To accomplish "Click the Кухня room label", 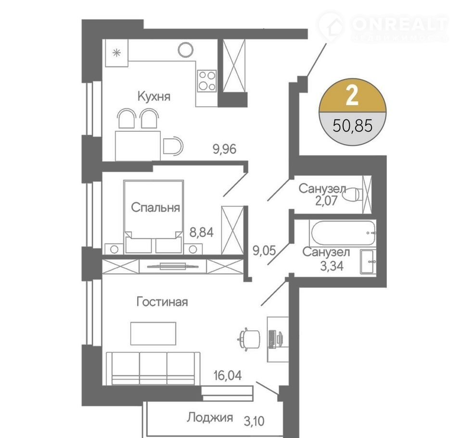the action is tap(154, 96).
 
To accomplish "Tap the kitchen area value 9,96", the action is tap(225, 149).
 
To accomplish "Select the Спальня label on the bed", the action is tap(155, 207).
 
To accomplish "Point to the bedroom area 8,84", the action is tap(202, 232).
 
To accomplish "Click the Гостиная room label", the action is tap(162, 302).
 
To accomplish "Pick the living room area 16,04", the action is tap(228, 375).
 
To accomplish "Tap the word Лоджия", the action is tap(210, 417).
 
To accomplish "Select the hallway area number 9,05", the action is tap(264, 251).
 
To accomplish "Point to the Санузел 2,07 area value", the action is tap(326, 201).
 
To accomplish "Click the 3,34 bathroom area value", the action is tap(332, 266).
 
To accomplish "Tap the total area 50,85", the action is tap(353, 126).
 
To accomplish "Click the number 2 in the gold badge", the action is tap(352, 96).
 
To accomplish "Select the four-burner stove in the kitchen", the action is tap(207, 81).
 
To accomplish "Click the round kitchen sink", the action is tap(186, 50).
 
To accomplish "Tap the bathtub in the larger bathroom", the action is tap(343, 232).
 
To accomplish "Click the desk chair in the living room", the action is tap(249, 339).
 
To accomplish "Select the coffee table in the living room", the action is tap(153, 334).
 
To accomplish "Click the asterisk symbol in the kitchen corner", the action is tap(117, 53).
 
